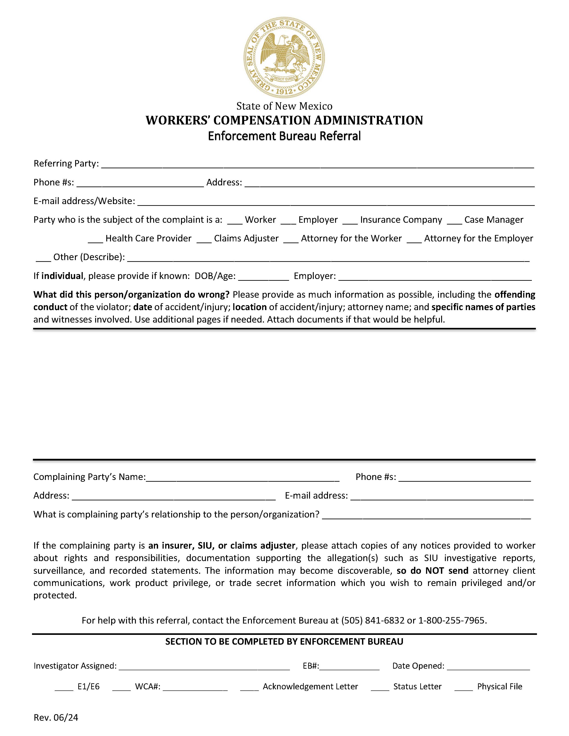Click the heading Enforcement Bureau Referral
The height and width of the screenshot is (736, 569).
click(x=284, y=136)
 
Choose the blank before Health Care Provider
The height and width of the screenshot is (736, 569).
click(x=95, y=240)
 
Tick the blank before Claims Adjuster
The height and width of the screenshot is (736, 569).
click(x=204, y=240)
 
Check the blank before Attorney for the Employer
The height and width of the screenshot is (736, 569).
click(x=414, y=240)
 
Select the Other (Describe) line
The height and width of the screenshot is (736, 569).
click(x=328, y=259)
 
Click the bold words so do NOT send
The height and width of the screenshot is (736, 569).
click(x=432, y=571)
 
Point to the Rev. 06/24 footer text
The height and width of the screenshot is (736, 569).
click(x=56, y=718)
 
